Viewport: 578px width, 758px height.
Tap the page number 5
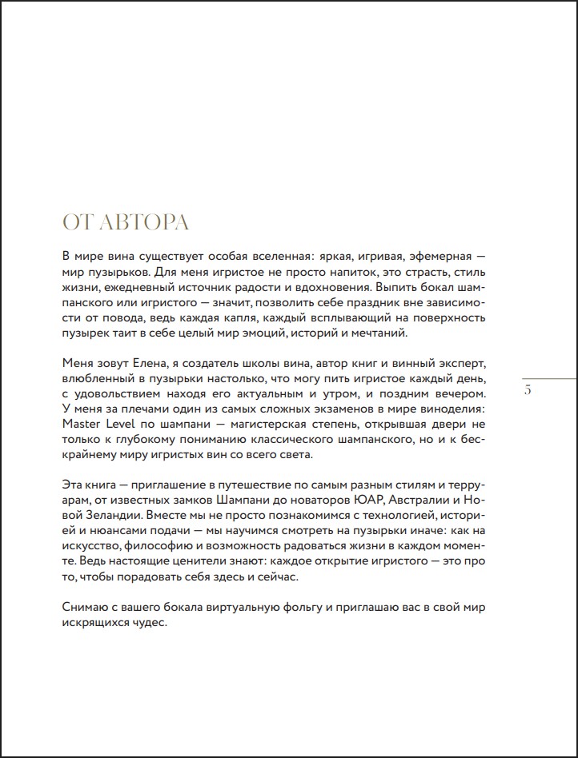[x=527, y=390]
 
